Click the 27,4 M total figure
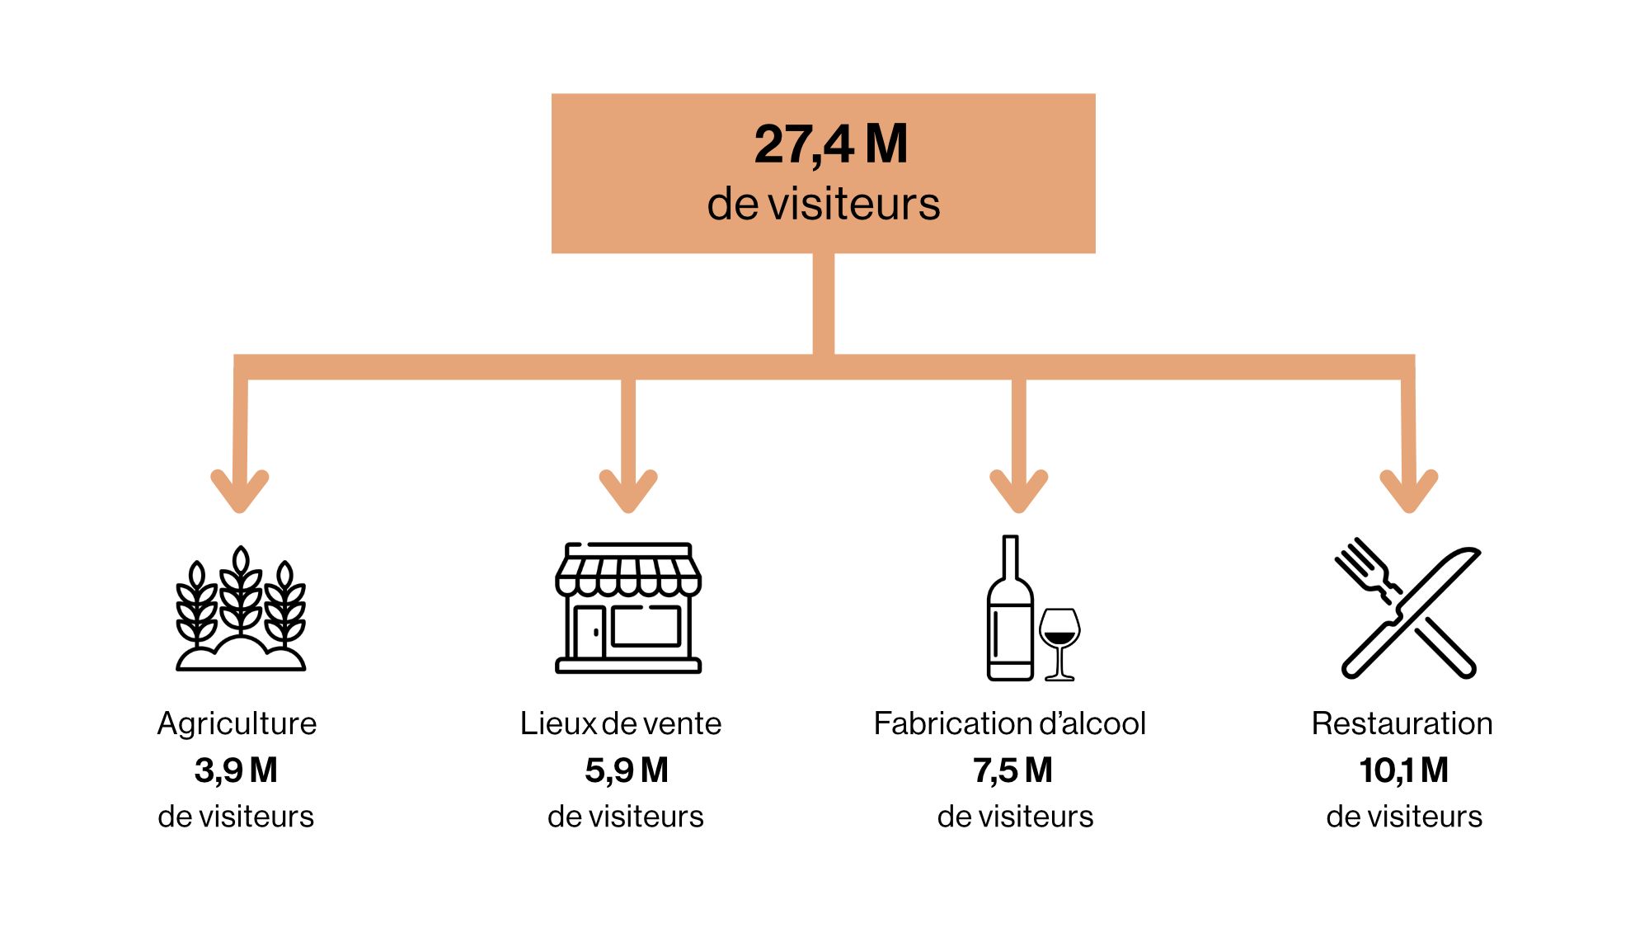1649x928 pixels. (831, 145)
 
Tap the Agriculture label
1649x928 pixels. (237, 723)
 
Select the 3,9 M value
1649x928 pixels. (236, 770)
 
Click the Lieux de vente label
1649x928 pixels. (621, 723)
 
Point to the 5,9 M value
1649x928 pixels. (627, 770)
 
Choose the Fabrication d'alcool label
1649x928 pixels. (1010, 723)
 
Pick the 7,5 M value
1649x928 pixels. (1013, 770)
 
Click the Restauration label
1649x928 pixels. (1402, 723)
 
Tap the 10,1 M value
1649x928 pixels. (1404, 770)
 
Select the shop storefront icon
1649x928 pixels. (628, 608)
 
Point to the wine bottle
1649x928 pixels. (1010, 608)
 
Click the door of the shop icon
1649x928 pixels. (590, 633)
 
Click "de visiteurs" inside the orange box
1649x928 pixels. (824, 204)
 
